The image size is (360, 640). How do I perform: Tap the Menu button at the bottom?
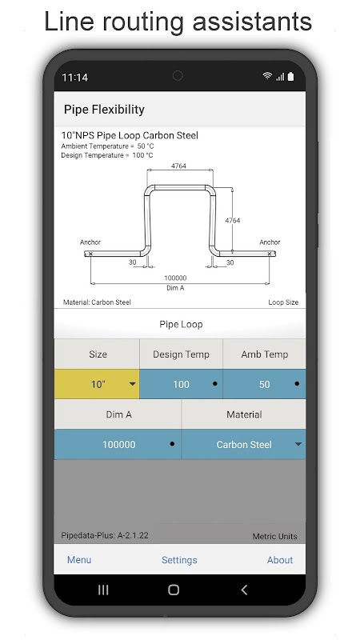79,559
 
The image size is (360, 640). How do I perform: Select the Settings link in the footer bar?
179,560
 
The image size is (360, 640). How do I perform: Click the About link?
279,559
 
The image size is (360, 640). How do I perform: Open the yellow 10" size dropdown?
97,384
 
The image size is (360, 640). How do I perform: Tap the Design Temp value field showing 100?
182,384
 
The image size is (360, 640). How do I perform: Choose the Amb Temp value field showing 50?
265,384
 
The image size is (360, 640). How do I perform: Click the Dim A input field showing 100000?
118,444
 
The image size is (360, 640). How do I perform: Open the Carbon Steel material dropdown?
244,444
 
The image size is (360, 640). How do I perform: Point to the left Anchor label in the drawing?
90,242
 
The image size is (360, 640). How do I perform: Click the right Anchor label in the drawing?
270,242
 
